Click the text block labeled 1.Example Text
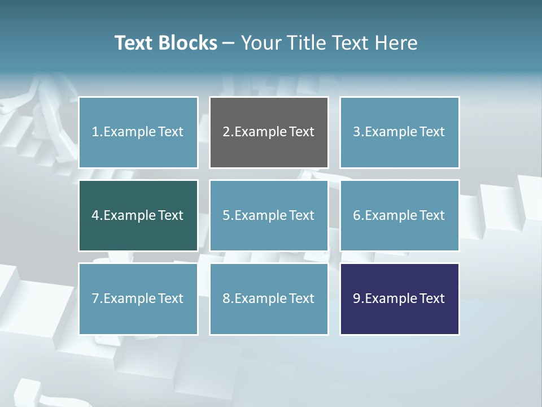[138, 132]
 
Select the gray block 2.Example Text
[269, 132]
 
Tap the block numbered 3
[399, 132]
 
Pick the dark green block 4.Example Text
[138, 215]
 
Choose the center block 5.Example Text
[269, 215]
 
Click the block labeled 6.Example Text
[399, 215]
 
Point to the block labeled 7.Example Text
[138, 298]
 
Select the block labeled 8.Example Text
[269, 298]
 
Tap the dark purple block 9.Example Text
[399, 298]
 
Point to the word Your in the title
[260, 43]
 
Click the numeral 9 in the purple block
[357, 298]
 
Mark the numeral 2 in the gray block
[226, 132]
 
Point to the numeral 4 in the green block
[95, 215]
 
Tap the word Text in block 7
[171, 298]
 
